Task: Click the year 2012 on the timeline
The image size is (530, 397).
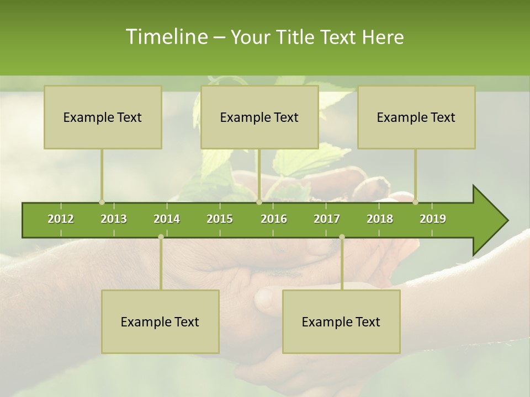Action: pos(61,219)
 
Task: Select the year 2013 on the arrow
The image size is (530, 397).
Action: pos(114,219)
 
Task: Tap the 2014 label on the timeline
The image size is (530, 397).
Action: pos(167,219)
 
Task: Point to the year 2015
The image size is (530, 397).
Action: pos(220,219)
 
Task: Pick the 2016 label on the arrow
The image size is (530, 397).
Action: pos(274,219)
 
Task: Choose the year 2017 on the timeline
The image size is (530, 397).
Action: pos(327,219)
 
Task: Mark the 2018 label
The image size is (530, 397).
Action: pos(380,219)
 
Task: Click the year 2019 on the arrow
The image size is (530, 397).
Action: pos(433,219)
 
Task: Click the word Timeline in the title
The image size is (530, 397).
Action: pos(166,37)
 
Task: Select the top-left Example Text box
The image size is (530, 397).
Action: pos(103,117)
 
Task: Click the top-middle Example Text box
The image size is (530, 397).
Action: pos(259,117)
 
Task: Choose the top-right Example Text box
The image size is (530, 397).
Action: pos(416,117)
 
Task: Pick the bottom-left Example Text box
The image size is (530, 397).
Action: pos(160,321)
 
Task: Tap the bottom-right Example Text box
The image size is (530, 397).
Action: pos(341,321)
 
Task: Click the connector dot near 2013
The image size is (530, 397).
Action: pos(102,202)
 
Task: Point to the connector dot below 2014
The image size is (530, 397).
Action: pos(161,237)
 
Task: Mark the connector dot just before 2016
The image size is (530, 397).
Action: pos(259,202)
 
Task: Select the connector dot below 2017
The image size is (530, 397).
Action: pos(342,237)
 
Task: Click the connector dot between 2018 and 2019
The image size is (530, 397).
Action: pos(415,202)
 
